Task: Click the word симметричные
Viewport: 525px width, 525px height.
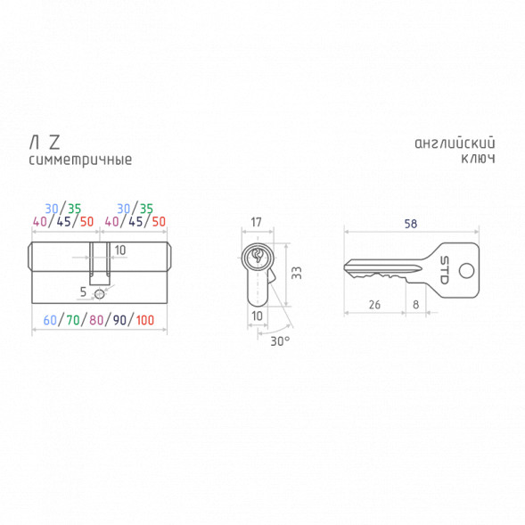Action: pos(80,160)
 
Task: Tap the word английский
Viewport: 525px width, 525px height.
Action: pos(455,144)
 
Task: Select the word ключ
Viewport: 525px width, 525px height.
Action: pos(478,159)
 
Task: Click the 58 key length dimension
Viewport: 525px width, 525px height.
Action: pos(411,224)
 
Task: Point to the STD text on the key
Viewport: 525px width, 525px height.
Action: pos(444,270)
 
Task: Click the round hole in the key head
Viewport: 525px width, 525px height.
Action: pos(466,271)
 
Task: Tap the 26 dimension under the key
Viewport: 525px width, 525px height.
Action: pos(374,305)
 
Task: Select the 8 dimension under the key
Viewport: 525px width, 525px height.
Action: pos(415,305)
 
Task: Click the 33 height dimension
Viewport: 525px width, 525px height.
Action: pos(297,273)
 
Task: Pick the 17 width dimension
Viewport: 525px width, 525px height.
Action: pos(256,222)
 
